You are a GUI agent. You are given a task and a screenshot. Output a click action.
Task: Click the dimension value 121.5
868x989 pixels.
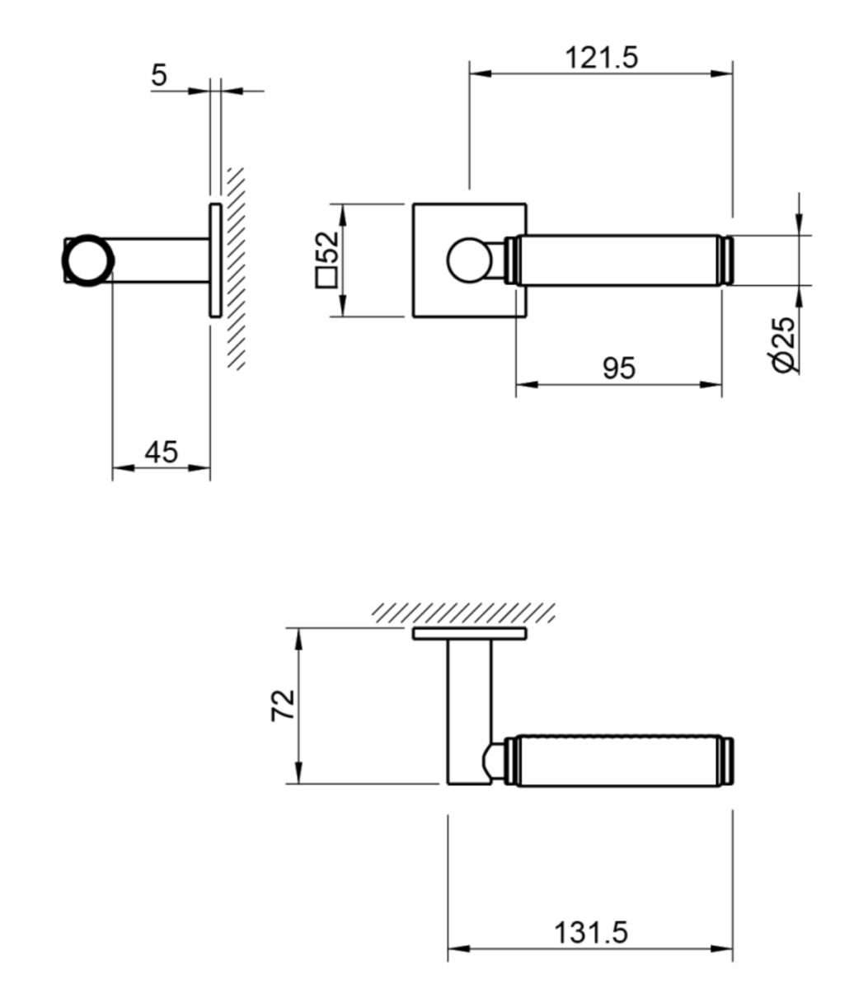click(x=601, y=59)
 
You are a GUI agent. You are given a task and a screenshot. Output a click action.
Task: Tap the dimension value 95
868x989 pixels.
click(x=619, y=368)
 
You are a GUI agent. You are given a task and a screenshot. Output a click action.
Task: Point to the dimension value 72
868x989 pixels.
click(x=283, y=705)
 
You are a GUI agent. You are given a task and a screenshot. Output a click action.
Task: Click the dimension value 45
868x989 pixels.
click(x=161, y=452)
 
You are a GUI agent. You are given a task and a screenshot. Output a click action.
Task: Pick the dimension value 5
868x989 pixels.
click(x=159, y=75)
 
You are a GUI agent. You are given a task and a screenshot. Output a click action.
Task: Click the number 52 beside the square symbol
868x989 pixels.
click(x=327, y=246)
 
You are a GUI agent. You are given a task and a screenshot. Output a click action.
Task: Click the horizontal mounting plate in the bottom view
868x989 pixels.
click(x=468, y=633)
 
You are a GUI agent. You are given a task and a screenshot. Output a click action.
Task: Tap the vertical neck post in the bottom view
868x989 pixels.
click(x=469, y=709)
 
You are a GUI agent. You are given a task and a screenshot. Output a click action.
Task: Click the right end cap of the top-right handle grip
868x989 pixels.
click(x=726, y=261)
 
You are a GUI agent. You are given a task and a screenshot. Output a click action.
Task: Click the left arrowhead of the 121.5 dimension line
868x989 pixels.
click(x=479, y=74)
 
